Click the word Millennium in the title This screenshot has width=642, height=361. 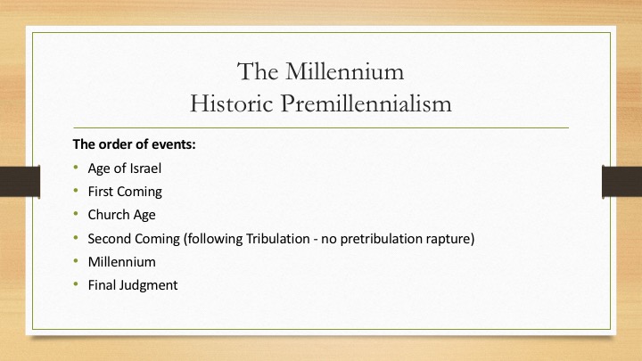pyautogui.click(x=345, y=71)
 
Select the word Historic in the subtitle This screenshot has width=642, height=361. pyautogui.click(x=231, y=103)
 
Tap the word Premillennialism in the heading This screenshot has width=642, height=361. pyautogui.click(x=366, y=103)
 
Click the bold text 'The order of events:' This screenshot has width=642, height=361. pyautogui.click(x=135, y=144)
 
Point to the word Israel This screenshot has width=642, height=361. pyautogui.click(x=145, y=168)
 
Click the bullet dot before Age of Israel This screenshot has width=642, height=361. pyautogui.click(x=76, y=167)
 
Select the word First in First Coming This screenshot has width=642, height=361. pyautogui.click(x=100, y=192)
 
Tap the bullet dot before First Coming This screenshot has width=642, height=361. pyautogui.click(x=76, y=191)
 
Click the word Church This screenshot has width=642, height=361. pyautogui.click(x=108, y=215)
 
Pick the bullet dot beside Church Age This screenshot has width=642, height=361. pyautogui.click(x=76, y=214)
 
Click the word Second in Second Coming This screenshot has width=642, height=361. pyautogui.click(x=110, y=239)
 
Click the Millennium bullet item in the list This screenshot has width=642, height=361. pyautogui.click(x=122, y=262)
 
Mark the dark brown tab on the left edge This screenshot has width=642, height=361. pyautogui.click(x=20, y=181)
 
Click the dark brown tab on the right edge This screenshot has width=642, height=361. pyautogui.click(x=622, y=181)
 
